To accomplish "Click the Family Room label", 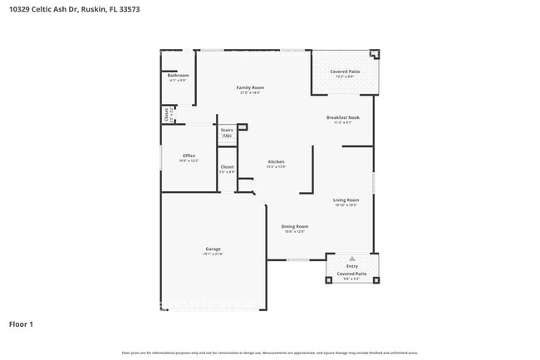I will (x=250, y=87).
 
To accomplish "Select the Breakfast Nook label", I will (x=342, y=118).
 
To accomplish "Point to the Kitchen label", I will (x=276, y=161).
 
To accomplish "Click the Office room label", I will (x=189, y=155).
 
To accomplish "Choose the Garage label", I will (x=214, y=249).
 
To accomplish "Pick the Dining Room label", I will (x=294, y=226).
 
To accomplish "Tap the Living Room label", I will (x=346, y=200).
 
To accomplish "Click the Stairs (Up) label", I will (x=227, y=133).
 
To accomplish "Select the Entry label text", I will (x=352, y=266).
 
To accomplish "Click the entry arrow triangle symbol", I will (x=352, y=259).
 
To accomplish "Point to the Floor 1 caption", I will (x=21, y=323).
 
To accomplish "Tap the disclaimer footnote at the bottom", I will (x=270, y=353).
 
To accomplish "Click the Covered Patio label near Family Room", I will (x=345, y=72).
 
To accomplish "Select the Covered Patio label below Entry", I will (x=352, y=274).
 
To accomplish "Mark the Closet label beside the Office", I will (x=227, y=167).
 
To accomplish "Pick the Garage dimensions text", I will (x=214, y=254).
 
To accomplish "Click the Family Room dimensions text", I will (x=250, y=92).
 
